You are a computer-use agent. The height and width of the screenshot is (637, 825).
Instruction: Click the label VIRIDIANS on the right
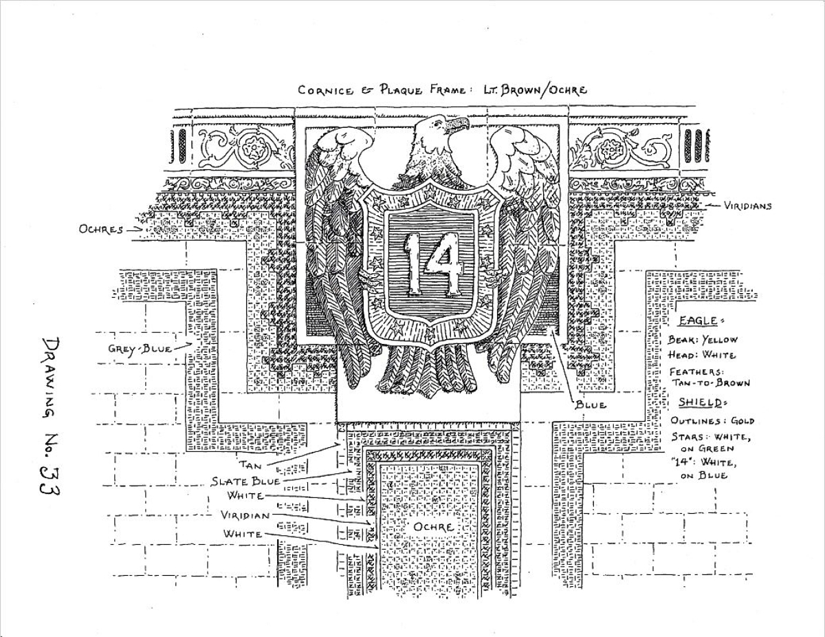click(747, 206)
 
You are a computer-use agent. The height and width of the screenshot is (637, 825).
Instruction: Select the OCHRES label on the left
click(100, 229)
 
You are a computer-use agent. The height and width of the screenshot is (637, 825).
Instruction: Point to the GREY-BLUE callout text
click(140, 349)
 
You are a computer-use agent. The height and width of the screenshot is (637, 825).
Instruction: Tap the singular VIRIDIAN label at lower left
click(245, 515)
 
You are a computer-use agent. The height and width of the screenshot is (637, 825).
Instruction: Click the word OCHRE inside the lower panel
click(433, 527)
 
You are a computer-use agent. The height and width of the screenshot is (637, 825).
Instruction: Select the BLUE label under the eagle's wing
click(591, 405)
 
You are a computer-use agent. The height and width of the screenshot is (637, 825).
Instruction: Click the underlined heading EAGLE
click(697, 321)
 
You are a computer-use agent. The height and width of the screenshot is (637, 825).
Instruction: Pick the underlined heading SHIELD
click(700, 402)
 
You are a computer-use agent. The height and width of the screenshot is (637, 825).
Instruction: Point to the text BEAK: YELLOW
click(702, 340)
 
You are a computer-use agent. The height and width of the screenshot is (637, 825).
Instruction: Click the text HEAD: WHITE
click(701, 355)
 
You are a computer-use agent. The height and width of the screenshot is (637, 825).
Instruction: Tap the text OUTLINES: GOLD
click(712, 420)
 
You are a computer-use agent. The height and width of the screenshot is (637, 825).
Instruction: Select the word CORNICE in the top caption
click(322, 90)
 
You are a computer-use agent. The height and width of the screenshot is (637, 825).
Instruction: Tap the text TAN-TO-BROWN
click(710, 383)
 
